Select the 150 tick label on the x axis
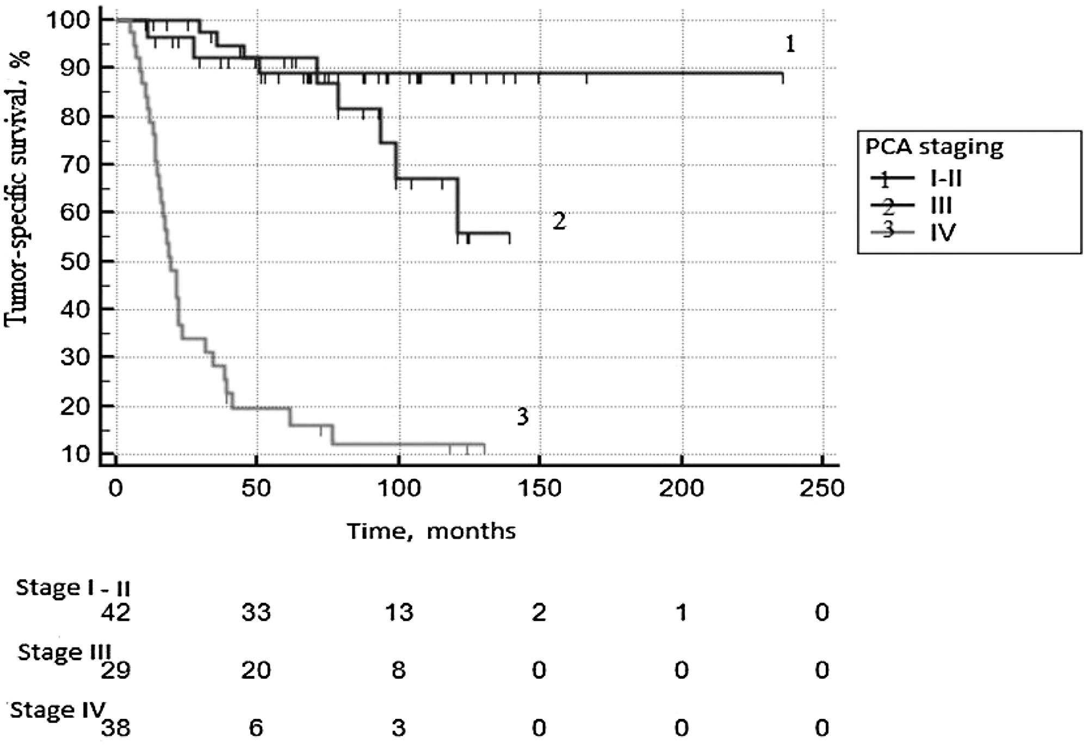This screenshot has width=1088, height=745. pos(539,488)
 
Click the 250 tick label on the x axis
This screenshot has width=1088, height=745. pos(821,488)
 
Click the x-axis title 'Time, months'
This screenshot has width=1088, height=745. pos(431,531)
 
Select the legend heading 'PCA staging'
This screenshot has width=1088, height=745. pos(935,147)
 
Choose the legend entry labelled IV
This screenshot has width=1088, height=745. pos(943,232)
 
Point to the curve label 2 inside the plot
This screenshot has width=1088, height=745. pos(559,221)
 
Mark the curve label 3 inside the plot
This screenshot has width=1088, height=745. pos(522,417)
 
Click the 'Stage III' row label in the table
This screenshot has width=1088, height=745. pos(64,651)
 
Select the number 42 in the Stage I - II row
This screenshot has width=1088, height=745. pos(115,613)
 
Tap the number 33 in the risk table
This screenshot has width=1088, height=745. pos(256,613)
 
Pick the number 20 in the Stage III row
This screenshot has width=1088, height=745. pos(256,670)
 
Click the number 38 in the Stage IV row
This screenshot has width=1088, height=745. pos(115,728)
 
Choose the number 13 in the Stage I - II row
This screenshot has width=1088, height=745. pos(399,613)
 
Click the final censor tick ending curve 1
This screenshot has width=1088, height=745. pos(783,78)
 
